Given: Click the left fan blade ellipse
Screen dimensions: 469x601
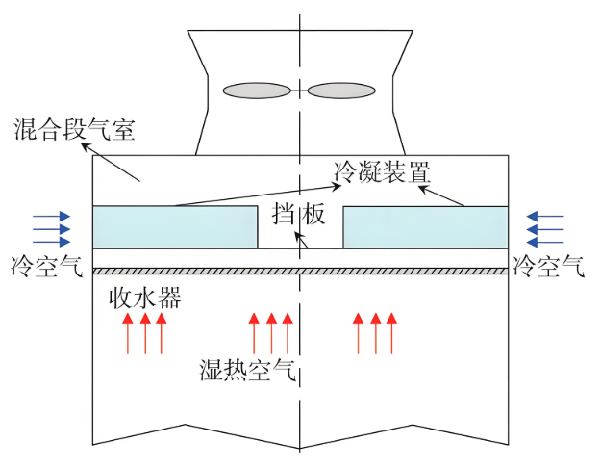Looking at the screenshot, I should [257, 91].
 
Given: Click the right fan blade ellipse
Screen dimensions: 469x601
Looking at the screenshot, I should [342, 91].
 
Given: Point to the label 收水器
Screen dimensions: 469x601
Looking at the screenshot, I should [144, 298].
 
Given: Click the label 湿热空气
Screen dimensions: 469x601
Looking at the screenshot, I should [248, 370].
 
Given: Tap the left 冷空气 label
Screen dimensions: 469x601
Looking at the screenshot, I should [47, 266].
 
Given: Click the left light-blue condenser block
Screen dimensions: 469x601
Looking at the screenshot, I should [174, 226].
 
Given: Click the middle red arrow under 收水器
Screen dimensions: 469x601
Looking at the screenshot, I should [145, 333].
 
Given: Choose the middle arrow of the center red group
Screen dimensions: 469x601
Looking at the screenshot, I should [271, 333].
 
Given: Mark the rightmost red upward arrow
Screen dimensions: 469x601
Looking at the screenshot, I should [390, 333].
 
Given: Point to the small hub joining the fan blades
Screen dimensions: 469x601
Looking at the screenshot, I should [300, 91].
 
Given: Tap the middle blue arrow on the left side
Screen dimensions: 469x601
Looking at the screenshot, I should [51, 229].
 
